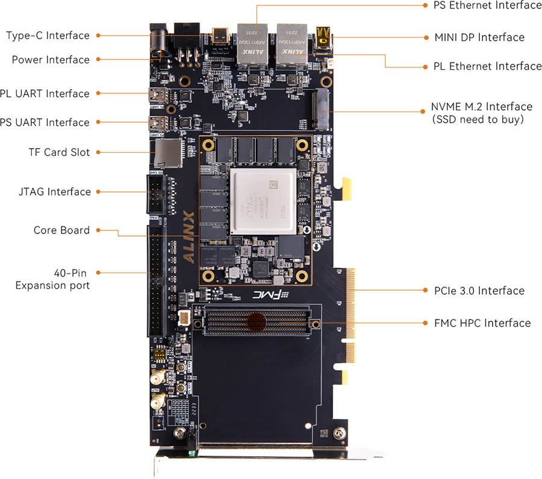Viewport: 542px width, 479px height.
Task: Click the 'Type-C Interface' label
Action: coord(48,36)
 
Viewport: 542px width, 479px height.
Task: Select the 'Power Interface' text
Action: coord(51,60)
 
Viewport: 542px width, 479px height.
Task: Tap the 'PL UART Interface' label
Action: coord(45,93)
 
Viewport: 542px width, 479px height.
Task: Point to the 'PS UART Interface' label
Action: coord(45,122)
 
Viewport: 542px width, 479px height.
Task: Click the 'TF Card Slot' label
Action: coord(58,152)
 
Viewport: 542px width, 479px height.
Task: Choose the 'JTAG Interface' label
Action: coord(54,192)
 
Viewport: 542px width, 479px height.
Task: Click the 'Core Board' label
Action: coord(61,230)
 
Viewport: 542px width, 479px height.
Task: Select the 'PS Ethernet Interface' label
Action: coord(487,5)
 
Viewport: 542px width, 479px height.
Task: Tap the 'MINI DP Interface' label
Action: coord(479,37)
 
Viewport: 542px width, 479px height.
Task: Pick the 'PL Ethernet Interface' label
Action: coord(487,66)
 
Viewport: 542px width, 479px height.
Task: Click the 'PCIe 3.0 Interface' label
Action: coord(479,291)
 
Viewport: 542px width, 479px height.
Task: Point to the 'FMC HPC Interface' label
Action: coord(482,323)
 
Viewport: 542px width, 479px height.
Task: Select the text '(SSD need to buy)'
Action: coord(478,119)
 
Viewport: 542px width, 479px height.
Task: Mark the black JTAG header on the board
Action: coord(155,193)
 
